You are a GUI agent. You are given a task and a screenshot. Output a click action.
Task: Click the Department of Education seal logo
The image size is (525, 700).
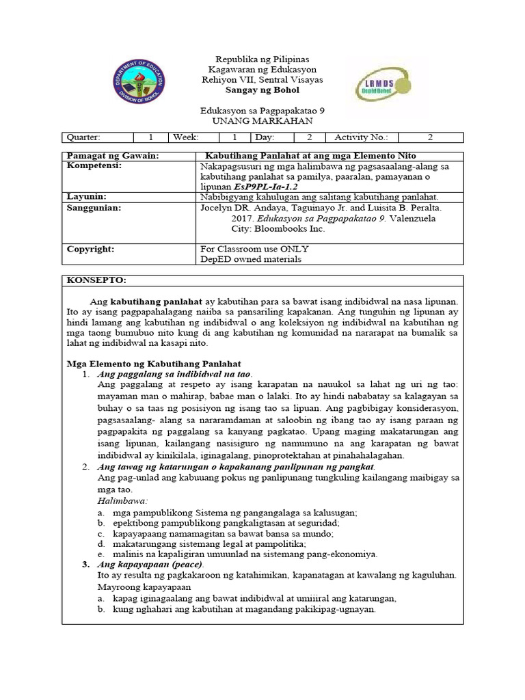(x=140, y=83)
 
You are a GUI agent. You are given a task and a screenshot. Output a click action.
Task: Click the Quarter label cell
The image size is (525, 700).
(x=83, y=137)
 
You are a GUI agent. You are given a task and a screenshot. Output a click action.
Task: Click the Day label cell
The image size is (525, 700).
(x=266, y=137)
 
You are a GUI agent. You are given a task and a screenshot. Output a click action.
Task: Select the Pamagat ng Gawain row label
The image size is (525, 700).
(x=112, y=156)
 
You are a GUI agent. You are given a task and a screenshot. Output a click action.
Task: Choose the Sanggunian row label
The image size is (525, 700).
(x=94, y=207)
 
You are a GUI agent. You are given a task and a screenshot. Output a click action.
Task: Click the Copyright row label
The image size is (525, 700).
(x=90, y=249)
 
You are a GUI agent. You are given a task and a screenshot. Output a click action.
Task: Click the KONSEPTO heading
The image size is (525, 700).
(x=96, y=280)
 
